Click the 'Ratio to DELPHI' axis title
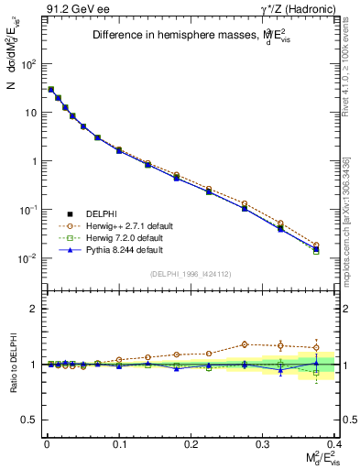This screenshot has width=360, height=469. click(12, 365)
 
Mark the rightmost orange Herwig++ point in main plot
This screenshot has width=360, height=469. click(316, 245)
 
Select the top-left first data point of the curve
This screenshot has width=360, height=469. click(50, 90)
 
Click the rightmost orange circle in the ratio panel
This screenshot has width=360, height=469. click(316, 346)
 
